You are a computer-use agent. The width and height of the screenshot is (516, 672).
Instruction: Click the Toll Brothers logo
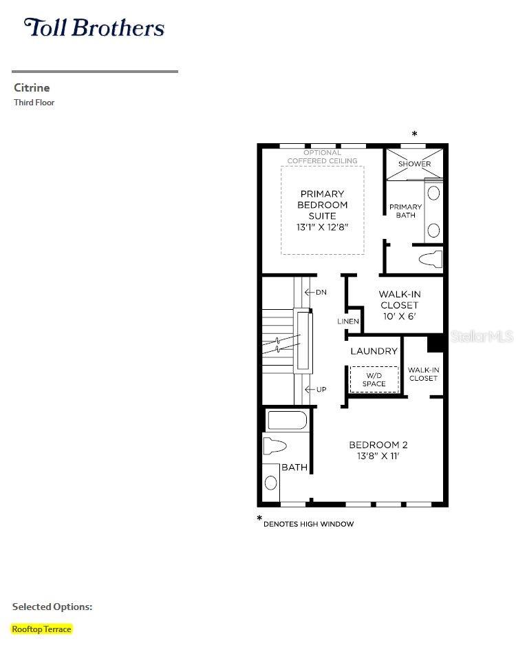(94, 28)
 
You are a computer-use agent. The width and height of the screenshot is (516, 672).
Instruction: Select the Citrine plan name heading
(32, 87)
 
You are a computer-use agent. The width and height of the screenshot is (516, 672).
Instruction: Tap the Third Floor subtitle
(34, 103)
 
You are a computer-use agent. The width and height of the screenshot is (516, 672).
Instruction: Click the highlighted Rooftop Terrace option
(41, 629)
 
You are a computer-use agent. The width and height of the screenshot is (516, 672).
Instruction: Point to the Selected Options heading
(52, 607)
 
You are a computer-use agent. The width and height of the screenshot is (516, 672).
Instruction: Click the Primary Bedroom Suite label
(323, 211)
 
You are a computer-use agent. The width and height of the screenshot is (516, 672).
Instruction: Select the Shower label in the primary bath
(414, 164)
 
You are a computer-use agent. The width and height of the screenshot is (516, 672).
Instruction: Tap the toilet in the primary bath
(430, 260)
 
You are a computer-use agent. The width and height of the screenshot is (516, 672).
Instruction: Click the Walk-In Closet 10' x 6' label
(400, 305)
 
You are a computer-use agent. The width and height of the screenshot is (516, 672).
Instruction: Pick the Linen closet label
(348, 321)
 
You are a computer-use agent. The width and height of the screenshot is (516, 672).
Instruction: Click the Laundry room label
(374, 351)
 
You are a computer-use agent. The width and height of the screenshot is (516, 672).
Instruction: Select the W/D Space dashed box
(375, 379)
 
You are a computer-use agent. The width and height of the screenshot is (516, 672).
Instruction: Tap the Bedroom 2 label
(378, 450)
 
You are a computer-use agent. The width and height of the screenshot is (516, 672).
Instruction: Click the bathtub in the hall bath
(286, 421)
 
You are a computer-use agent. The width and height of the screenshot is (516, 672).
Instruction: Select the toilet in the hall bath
(275, 446)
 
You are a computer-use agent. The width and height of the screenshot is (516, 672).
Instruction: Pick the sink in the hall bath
(270, 483)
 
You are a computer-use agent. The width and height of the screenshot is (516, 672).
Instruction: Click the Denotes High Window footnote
(305, 523)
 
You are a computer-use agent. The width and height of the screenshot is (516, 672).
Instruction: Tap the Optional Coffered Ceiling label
(323, 157)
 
